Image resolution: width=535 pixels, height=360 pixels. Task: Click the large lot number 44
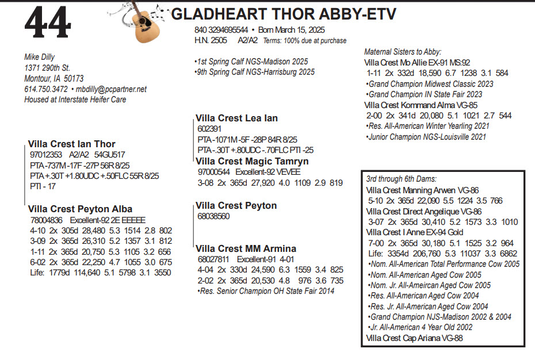click(48, 24)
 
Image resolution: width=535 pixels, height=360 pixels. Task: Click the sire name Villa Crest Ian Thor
click(71, 144)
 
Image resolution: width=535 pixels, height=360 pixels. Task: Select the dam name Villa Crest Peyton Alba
click(80, 209)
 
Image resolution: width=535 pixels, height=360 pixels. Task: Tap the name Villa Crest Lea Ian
click(236, 118)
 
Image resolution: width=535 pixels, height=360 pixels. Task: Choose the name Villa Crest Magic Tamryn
click(252, 161)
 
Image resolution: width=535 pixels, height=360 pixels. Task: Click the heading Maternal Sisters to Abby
click(403, 52)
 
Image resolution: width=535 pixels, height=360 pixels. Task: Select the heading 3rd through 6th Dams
click(401, 179)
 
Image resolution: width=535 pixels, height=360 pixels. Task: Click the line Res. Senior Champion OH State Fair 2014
click(265, 290)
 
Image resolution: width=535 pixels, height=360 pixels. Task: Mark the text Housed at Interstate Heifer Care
click(75, 99)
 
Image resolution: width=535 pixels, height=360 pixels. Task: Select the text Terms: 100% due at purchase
click(304, 41)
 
